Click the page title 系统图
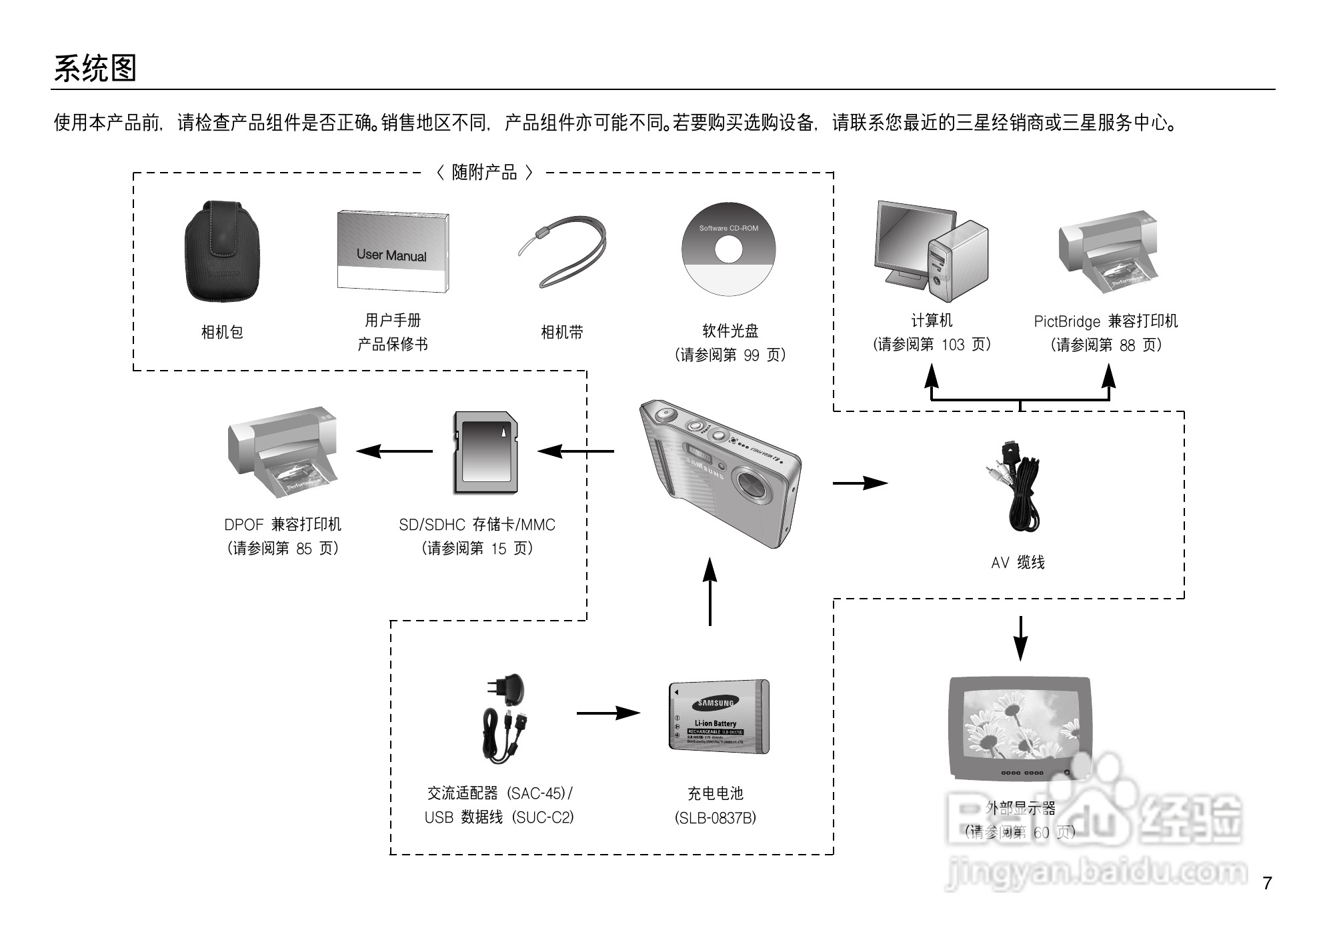pyautogui.click(x=95, y=69)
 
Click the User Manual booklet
pyautogui.click(x=392, y=252)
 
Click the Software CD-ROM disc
pyautogui.click(x=728, y=249)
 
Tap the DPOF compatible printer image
pyautogui.click(x=283, y=451)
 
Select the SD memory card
pyautogui.click(x=486, y=452)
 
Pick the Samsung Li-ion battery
pyautogui.click(x=719, y=717)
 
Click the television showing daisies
pyautogui.click(x=1020, y=728)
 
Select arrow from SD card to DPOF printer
pyautogui.click(x=394, y=451)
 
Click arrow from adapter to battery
pyautogui.click(x=608, y=713)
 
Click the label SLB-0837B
pyautogui.click(x=716, y=818)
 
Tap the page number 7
pyautogui.click(x=1267, y=883)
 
